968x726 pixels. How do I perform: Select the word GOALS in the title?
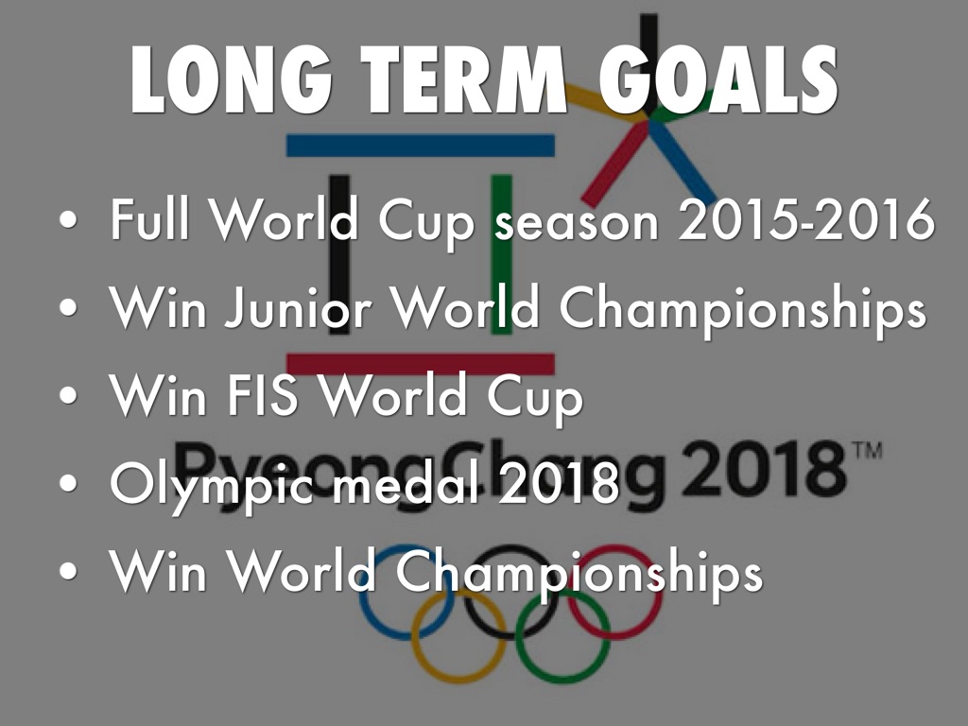[718, 79]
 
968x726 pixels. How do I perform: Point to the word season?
[578, 223]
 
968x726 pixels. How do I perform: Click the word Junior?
[299, 307]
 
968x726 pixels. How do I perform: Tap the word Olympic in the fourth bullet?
[212, 484]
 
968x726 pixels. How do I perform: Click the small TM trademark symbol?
[868, 450]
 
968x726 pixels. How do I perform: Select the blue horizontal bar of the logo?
[421, 146]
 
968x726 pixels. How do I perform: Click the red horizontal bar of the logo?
[421, 364]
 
